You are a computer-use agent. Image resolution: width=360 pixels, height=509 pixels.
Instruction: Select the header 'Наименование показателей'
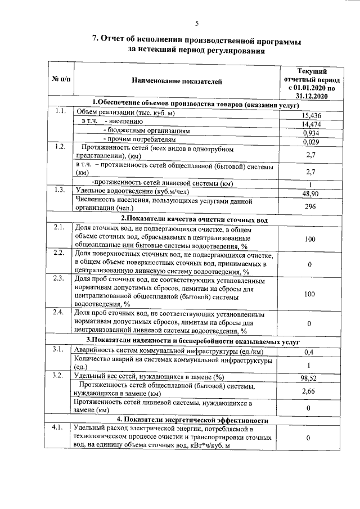pos(177,82)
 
